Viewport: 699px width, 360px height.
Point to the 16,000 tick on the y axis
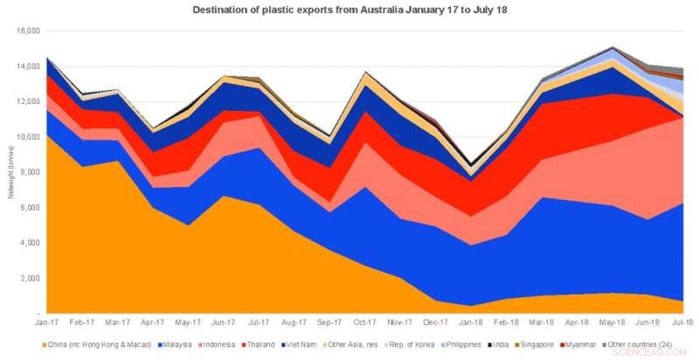click(x=30, y=31)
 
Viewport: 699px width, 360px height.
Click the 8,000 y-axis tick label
click(x=32, y=172)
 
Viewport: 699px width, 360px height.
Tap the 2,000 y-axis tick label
click(x=32, y=279)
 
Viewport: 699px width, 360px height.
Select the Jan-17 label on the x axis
click(x=49, y=323)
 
